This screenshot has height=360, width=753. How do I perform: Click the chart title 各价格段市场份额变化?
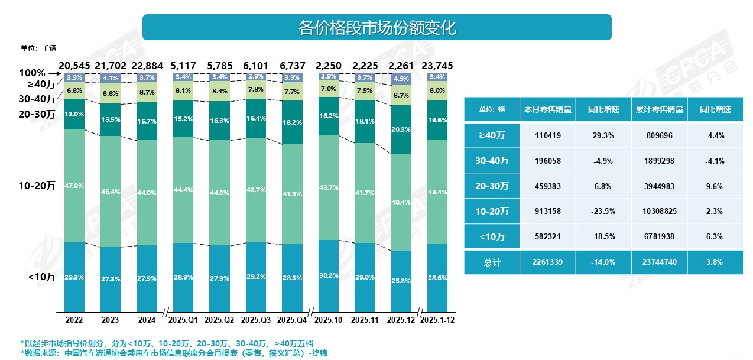tap(376, 28)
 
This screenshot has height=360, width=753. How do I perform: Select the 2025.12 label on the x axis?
tap(400, 320)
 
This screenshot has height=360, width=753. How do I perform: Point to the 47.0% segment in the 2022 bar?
tap(74, 186)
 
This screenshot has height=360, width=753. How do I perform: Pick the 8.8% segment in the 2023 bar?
tap(111, 93)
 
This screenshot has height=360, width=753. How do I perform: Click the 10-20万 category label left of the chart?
tap(37, 186)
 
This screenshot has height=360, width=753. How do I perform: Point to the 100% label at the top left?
tap(32, 73)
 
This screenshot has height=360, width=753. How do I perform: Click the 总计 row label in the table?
tap(492, 262)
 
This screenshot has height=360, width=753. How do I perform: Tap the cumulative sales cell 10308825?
tap(659, 211)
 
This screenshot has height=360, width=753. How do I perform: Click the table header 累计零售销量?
tap(659, 110)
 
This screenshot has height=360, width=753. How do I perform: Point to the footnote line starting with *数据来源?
tap(174, 353)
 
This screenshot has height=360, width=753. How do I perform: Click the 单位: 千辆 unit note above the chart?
tap(38, 48)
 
